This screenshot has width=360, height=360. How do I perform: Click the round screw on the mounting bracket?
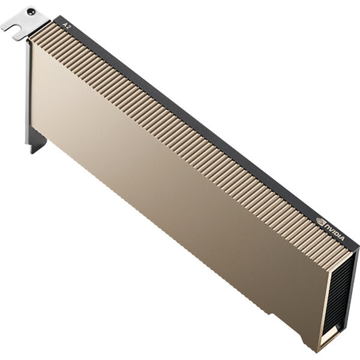(x=31, y=11)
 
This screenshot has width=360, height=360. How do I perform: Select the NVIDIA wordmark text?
(x=334, y=232)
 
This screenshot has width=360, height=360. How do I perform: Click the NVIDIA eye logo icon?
(x=320, y=221)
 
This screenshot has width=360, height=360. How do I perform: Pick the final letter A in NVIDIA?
(x=342, y=238)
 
